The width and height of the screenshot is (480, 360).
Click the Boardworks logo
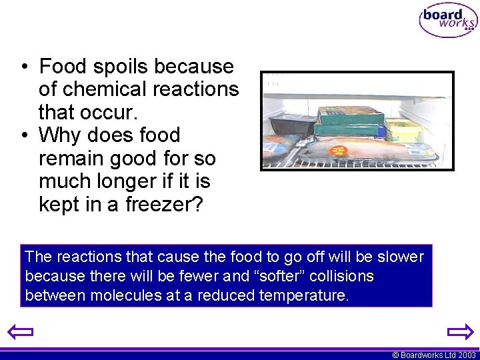click(448, 20)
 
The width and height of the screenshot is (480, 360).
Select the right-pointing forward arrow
click(459, 331)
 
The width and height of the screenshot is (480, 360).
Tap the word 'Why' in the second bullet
click(61, 135)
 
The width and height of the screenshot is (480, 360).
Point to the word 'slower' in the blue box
click(400, 257)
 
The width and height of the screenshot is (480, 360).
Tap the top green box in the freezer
click(351, 115)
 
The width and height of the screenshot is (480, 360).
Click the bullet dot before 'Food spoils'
click(23, 67)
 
